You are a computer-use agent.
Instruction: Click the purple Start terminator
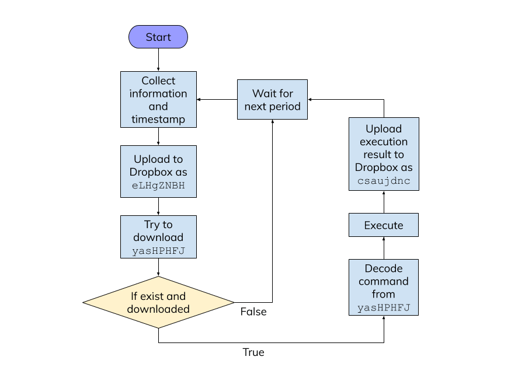point(158,37)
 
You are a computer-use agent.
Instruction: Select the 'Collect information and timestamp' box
point(158,99)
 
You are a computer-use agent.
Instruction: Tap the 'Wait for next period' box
point(272,99)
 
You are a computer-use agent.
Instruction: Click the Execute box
point(384,225)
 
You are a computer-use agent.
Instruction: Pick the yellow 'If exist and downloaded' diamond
point(158,302)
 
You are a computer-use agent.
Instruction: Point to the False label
point(253,312)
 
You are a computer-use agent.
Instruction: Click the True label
point(253,352)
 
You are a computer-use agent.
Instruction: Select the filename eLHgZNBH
point(158,186)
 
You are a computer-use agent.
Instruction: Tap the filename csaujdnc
point(384,181)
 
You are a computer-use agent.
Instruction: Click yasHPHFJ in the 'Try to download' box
point(158,250)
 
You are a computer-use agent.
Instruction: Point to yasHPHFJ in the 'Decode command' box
point(384,307)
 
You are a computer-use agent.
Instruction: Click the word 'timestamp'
point(158,119)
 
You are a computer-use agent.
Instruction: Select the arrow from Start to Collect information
point(158,60)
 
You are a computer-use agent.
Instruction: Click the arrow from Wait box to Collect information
point(217,99)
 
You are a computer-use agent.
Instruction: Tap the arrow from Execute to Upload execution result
point(384,202)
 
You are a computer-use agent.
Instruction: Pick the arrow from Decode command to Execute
point(384,248)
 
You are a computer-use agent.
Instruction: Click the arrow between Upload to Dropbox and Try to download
point(158,207)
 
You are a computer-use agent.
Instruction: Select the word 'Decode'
point(384,268)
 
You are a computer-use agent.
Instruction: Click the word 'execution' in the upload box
point(384,142)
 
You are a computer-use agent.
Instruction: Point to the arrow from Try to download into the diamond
point(158,267)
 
